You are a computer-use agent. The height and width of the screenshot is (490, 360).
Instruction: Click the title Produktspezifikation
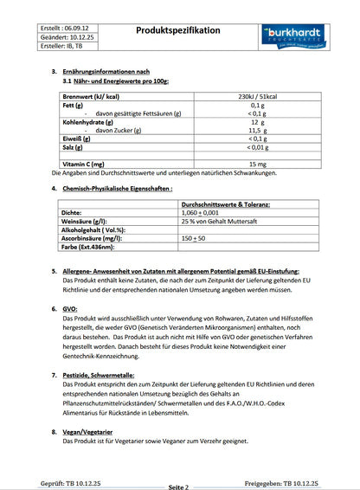click(178, 30)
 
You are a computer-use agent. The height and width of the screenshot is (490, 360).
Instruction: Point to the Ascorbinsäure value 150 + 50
click(194, 237)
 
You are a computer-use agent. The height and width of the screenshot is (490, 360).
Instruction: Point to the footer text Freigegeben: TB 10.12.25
click(281, 484)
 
